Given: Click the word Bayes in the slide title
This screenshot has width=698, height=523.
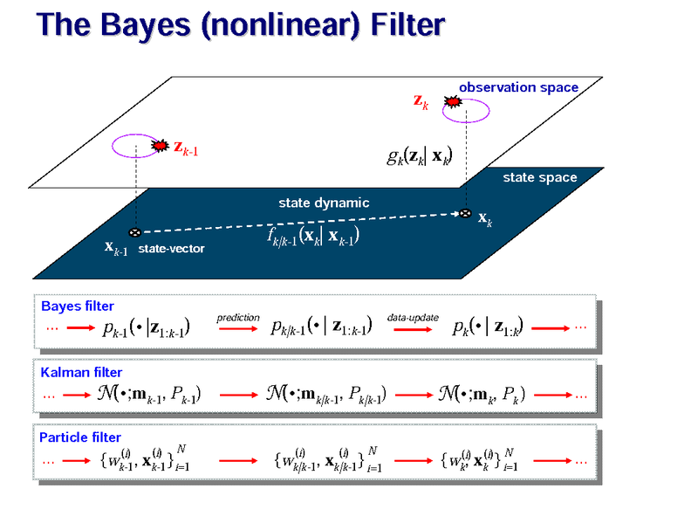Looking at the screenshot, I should click(x=140, y=25).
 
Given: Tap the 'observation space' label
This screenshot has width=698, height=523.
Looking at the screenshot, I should click(x=518, y=87).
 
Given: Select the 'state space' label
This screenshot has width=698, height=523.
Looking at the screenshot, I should click(x=539, y=178).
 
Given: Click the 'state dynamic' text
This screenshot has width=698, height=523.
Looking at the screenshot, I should click(x=324, y=203).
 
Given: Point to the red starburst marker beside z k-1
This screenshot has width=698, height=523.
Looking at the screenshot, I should click(x=161, y=146).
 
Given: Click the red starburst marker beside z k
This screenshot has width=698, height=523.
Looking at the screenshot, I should click(x=452, y=103).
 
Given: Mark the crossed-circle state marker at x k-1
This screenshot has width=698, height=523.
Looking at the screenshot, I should click(x=134, y=231).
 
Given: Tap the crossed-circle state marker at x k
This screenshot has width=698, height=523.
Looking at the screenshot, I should click(x=466, y=214).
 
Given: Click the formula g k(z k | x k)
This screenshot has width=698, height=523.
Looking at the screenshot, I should click(x=419, y=157).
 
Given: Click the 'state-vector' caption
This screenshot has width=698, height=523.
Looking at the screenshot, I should click(x=172, y=250).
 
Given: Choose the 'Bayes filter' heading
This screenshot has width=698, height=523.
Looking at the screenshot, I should click(x=78, y=306).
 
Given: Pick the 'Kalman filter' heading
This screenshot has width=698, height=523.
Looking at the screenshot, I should click(x=81, y=373).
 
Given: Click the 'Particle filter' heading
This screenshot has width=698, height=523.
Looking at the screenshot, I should click(x=81, y=437).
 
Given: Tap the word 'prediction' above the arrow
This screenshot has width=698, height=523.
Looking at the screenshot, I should click(x=237, y=318).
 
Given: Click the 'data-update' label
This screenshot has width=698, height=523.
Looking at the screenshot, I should click(x=412, y=318).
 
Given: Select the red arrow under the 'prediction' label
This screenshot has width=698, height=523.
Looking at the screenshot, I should click(x=237, y=329).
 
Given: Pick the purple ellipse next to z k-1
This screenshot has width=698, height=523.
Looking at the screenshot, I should click(x=133, y=146).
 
